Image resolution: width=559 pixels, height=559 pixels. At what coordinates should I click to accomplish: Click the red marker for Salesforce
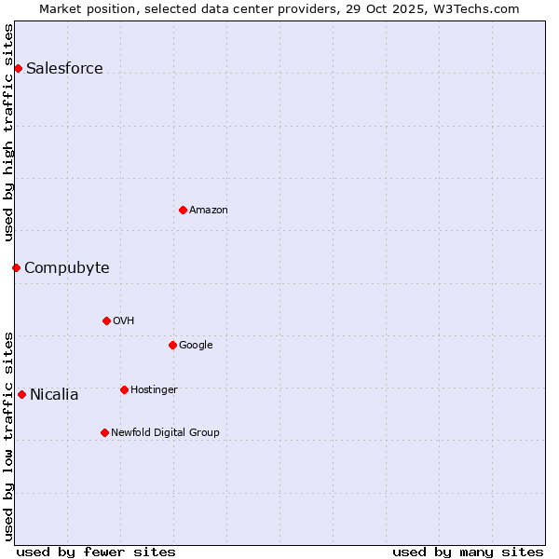coord(18,68)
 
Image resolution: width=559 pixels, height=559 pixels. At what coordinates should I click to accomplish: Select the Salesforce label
coord(64,68)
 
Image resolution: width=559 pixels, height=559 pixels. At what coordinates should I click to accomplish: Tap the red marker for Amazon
coord(183,210)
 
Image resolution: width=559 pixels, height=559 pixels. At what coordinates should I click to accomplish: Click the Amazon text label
coord(209,210)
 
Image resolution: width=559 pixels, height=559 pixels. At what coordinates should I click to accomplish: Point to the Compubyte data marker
coord(16,267)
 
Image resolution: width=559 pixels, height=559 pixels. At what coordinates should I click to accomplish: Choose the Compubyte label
coord(66,268)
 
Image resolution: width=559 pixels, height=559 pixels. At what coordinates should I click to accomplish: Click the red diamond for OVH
coord(106,320)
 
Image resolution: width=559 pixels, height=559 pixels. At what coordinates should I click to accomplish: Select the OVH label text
coord(124,320)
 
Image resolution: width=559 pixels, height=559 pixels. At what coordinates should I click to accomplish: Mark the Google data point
coord(172,345)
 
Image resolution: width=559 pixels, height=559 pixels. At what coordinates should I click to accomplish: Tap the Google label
coord(196,345)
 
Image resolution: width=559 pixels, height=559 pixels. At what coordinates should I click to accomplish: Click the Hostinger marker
coord(124,389)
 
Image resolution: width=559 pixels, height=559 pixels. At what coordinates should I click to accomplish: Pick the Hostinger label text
coord(154,389)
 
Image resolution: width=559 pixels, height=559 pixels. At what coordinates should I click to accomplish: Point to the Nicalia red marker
coord(21,394)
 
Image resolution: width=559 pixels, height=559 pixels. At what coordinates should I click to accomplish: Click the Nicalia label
coord(54,394)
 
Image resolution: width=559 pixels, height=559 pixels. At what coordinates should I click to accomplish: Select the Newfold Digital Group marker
coord(104,432)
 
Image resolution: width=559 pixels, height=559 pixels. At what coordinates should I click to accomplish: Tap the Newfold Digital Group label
coord(165,432)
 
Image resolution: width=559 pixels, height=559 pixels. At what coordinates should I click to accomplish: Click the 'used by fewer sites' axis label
coord(96,552)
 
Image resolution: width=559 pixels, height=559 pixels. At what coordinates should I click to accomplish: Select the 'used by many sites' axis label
coord(468,552)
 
